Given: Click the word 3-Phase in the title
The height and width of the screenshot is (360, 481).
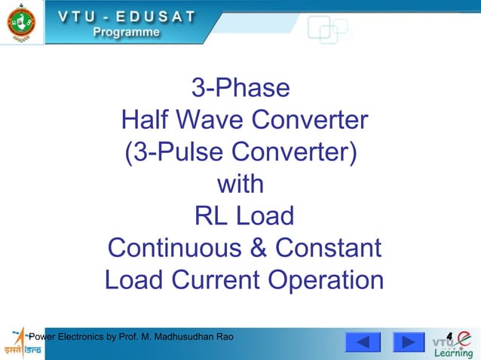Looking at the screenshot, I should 240,88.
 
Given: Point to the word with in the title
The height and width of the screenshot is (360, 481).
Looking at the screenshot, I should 240,185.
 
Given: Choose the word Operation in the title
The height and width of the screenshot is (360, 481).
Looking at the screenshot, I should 326,281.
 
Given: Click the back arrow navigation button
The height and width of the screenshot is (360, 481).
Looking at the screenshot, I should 363,343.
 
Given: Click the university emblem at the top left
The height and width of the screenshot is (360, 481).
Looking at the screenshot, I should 20,23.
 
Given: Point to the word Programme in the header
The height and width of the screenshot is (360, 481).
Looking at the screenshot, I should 127,32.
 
